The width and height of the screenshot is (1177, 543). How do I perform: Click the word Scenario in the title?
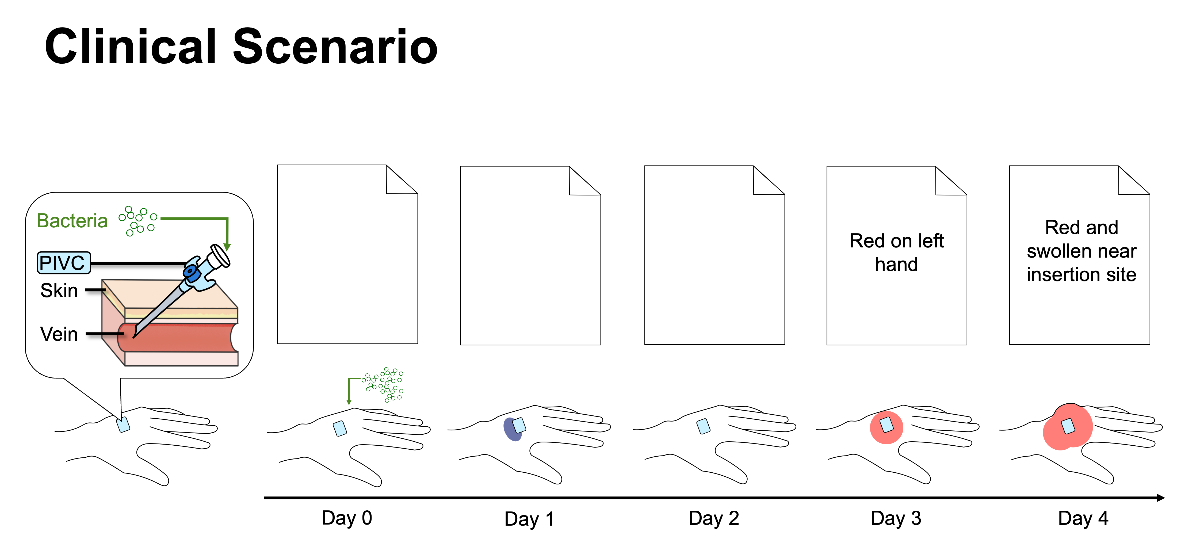tap(335, 47)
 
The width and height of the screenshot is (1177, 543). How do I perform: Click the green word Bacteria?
tap(72, 221)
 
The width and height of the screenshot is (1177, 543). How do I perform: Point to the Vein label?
tap(59, 334)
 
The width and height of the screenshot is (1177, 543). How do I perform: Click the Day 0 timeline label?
tap(347, 518)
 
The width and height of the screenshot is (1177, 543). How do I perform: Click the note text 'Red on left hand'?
tap(896, 252)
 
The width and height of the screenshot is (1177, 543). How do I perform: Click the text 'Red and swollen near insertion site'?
tap(1082, 251)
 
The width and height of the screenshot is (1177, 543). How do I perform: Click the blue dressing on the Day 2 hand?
tap(704, 426)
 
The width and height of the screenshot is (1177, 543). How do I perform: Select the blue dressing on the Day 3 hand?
tap(886, 425)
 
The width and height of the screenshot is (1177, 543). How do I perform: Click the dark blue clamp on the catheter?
tap(192, 273)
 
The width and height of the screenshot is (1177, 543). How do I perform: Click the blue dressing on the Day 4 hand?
tap(1068, 426)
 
